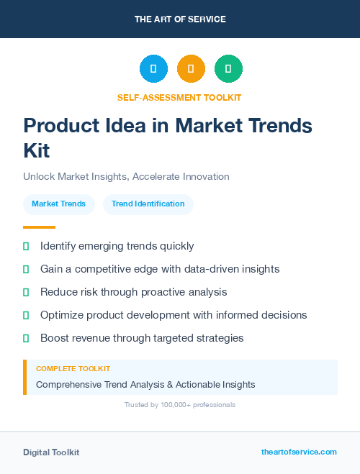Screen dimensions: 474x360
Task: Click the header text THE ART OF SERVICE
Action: [x=180, y=19]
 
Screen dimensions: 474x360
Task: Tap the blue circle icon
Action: [x=153, y=69]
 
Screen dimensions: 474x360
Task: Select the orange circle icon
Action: [x=191, y=69]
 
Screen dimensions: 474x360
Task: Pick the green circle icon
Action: [x=228, y=69]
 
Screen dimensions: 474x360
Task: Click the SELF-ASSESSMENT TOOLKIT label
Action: [x=180, y=97]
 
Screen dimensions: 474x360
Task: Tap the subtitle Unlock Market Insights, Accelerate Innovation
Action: [x=126, y=176]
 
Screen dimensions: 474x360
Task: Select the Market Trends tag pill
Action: [x=59, y=204]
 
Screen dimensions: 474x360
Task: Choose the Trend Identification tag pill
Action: [x=148, y=204]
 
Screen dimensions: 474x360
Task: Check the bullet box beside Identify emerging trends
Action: [x=26, y=247]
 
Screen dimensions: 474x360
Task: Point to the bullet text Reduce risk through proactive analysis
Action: [x=133, y=292]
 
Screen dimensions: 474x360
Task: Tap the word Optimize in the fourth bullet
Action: [x=63, y=315]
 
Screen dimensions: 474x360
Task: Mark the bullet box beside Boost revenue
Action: [x=26, y=338]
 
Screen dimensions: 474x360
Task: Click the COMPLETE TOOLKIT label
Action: [x=73, y=369]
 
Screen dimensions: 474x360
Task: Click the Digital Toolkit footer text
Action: [x=51, y=452]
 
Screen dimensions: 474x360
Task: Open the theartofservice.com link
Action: [x=299, y=452]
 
